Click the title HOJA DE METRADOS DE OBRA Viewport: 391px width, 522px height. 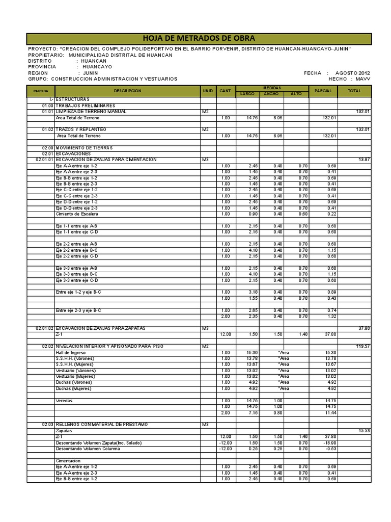pyautogui.click(x=200, y=39)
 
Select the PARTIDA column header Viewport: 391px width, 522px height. pyautogui.click(x=40, y=91)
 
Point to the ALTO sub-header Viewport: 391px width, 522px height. pyautogui.click(x=296, y=94)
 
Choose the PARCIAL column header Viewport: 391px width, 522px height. pyautogui.click(x=323, y=91)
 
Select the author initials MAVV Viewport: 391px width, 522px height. pyautogui.click(x=363, y=79)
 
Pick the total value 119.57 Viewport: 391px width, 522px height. pyautogui.click(x=364, y=346)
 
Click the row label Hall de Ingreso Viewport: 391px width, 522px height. pyautogui.click(x=71, y=352)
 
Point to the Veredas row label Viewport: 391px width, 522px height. pyautogui.click(x=64, y=401)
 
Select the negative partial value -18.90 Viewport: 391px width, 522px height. pyautogui.click(x=331, y=443)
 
